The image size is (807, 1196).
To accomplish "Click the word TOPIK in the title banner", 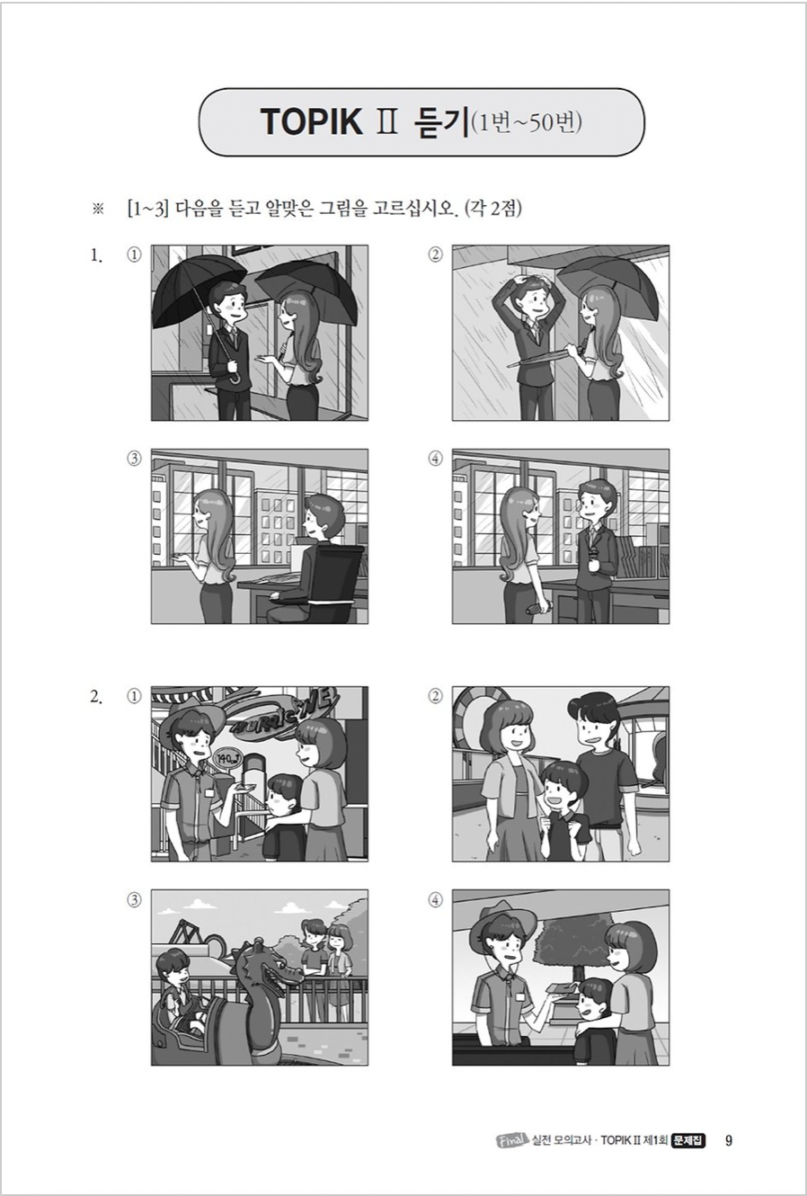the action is [312, 122].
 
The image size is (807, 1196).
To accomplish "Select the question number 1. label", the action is [96, 256].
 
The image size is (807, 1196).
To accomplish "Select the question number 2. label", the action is [96, 697].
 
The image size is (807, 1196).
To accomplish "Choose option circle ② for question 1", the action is [436, 255].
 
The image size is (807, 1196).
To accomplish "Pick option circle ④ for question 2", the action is [436, 899].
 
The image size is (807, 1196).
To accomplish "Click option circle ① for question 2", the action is [134, 696].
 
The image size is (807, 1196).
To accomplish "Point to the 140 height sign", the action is [228, 756].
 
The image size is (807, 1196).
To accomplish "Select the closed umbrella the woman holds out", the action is [540, 358].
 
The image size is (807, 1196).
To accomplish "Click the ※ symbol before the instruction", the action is [97, 210].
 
